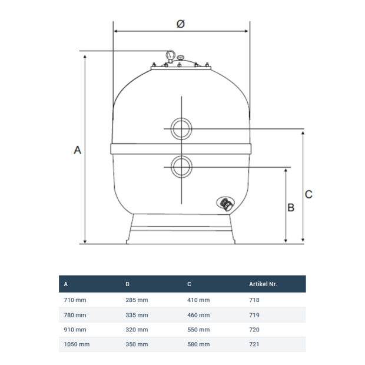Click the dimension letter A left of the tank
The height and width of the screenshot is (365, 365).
click(77, 150)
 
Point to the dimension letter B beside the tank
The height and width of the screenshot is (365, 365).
click(290, 207)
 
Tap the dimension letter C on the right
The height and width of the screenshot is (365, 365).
click(308, 194)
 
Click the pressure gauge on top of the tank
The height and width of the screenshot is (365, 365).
click(171, 56)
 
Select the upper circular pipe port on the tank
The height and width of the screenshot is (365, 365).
click(181, 128)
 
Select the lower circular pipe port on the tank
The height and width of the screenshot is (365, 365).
click(181, 167)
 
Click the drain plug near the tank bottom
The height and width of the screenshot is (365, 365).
click(225, 204)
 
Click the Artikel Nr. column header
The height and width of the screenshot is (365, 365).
click(263, 284)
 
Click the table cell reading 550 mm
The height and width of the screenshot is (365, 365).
click(198, 330)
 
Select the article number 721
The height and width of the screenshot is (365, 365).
click(254, 344)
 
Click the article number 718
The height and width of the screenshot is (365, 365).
click(254, 300)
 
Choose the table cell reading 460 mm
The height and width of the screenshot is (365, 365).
click(198, 315)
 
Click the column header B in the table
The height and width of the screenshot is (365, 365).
click(128, 284)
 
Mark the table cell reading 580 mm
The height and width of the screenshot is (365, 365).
click(198, 344)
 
